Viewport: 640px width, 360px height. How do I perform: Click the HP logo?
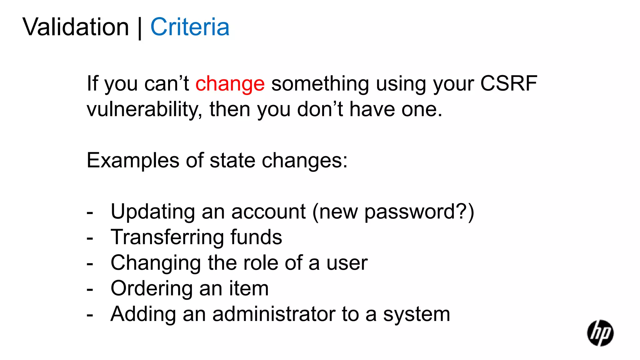click(x=600, y=333)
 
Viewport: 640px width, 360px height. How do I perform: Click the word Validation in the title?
click(x=76, y=27)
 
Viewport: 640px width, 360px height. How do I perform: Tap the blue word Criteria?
click(x=190, y=27)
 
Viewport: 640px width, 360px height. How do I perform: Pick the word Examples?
click(x=133, y=161)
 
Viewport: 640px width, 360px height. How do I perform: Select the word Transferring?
click(x=167, y=237)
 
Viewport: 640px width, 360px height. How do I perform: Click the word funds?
click(x=256, y=237)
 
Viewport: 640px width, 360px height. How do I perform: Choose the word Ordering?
click(x=151, y=288)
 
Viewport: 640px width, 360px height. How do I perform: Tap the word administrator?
click(x=274, y=314)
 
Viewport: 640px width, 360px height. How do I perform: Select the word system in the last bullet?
click(x=417, y=315)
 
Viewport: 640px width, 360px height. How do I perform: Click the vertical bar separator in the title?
click(x=140, y=28)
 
